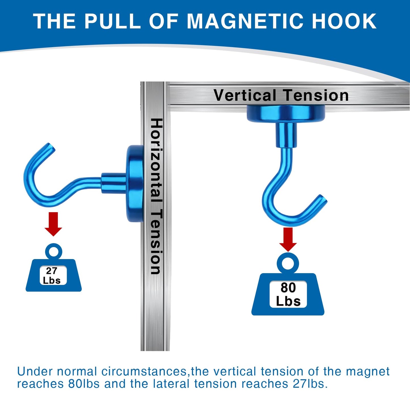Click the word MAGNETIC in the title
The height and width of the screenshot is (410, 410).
point(246,21)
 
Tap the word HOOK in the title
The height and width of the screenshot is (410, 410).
point(344,21)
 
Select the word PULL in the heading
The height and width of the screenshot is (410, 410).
point(112,21)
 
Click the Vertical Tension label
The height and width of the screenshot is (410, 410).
point(281,95)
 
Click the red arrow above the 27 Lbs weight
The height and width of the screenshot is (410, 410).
point(53,224)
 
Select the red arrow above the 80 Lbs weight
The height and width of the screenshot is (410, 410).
point(288,239)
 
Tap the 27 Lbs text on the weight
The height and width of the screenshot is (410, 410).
point(52,276)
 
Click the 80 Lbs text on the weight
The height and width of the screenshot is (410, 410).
point(288,295)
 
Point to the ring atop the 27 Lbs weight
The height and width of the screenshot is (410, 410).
point(53,251)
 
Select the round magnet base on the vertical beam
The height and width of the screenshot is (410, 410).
point(135,183)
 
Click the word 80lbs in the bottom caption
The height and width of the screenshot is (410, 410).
point(84,384)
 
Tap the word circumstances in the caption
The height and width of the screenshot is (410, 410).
point(144,372)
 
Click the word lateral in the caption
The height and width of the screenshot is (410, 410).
point(171,384)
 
